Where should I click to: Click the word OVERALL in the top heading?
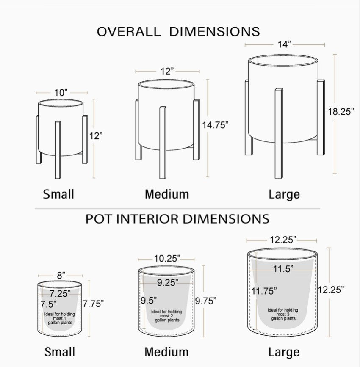tap(129, 31)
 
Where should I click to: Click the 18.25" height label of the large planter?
tap(341, 111)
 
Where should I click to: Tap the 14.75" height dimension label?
tap(215, 125)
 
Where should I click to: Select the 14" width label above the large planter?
tap(284, 44)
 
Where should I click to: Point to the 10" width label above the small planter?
tap(61, 93)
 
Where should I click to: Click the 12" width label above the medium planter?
tap(167, 71)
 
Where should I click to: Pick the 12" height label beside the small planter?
tap(96, 136)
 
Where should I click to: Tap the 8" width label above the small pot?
tap(61, 275)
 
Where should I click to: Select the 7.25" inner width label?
tap(60, 293)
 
